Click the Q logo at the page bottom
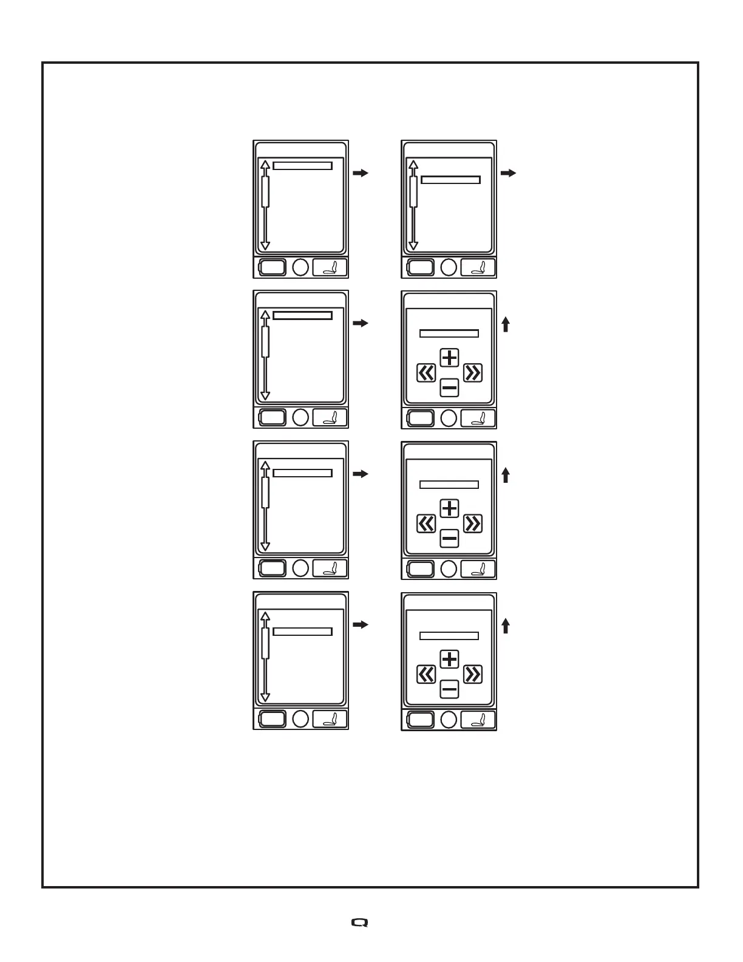[360, 923]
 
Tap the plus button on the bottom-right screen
[449, 659]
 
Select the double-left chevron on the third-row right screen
[426, 524]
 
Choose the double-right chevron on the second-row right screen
[473, 372]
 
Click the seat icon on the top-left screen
[330, 267]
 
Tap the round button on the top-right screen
[449, 267]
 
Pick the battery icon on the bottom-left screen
[273, 719]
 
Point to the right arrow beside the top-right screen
[509, 173]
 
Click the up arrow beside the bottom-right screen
[506, 626]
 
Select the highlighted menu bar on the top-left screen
[302, 166]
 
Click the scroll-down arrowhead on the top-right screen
[413, 245]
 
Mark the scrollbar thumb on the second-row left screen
[265, 341]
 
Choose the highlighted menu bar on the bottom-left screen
[302, 632]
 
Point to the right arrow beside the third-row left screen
[361, 474]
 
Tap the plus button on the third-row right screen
[449, 508]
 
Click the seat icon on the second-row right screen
[478, 418]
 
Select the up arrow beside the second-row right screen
[506, 325]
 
